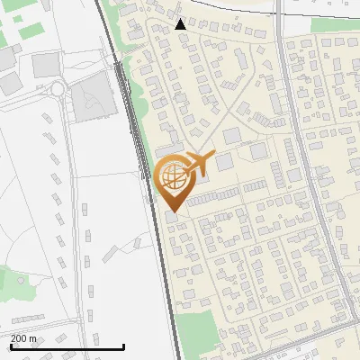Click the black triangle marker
[181, 24]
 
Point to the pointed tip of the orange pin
[172, 213]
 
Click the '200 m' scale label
[23, 337]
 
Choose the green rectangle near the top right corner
[329, 26]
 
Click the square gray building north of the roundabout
[46, 65]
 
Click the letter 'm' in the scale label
[32, 337]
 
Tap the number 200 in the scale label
[19, 337]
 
